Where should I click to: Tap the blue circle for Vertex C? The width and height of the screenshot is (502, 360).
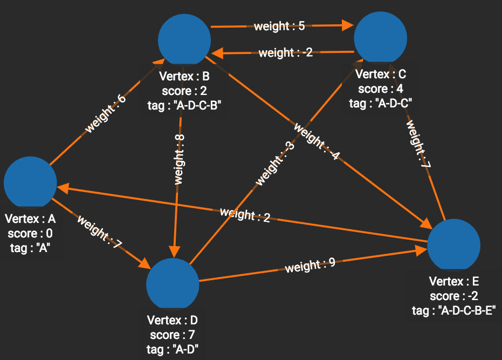tap(380, 37)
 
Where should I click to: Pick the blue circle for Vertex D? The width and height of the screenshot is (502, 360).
tap(173, 284)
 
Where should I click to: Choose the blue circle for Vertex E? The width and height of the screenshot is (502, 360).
tap(453, 244)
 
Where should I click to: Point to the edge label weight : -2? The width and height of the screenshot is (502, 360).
tap(285, 53)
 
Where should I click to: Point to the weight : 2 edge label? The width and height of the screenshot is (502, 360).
tap(245, 214)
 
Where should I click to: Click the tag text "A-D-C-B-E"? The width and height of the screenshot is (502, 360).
tap(453, 310)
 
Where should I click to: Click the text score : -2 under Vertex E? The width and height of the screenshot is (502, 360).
tap(454, 296)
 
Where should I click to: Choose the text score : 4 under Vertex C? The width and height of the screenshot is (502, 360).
tap(381, 89)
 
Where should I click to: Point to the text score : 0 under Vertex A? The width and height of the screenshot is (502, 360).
tap(30, 234)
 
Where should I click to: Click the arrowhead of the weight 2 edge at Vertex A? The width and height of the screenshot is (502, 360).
tap(62, 187)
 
